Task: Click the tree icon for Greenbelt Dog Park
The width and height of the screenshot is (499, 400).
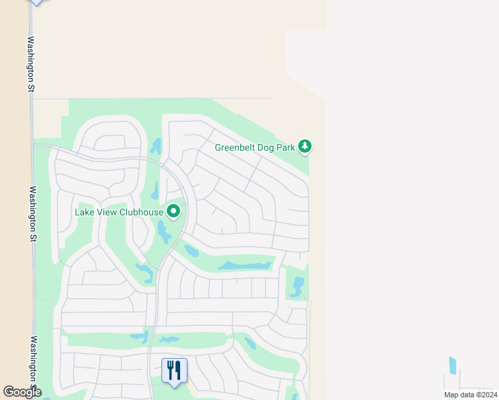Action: (305, 147)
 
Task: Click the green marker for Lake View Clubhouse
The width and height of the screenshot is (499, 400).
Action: (173, 212)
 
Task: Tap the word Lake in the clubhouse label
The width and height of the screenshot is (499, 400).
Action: (85, 213)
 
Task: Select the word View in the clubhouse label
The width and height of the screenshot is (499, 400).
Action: (107, 213)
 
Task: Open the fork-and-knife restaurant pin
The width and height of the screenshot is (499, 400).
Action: (174, 371)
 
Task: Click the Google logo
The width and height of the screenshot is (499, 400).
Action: (22, 392)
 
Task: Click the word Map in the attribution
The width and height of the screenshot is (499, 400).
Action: (452, 395)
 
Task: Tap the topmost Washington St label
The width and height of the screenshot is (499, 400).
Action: (31, 63)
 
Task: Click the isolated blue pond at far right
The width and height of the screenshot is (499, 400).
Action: (453, 365)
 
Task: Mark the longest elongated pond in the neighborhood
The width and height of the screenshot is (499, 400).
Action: (244, 265)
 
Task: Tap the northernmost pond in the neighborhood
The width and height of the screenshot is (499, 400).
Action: (156, 145)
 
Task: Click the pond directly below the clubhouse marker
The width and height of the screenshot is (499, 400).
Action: (163, 231)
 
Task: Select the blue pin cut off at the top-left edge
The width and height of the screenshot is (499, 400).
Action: (36, 2)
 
